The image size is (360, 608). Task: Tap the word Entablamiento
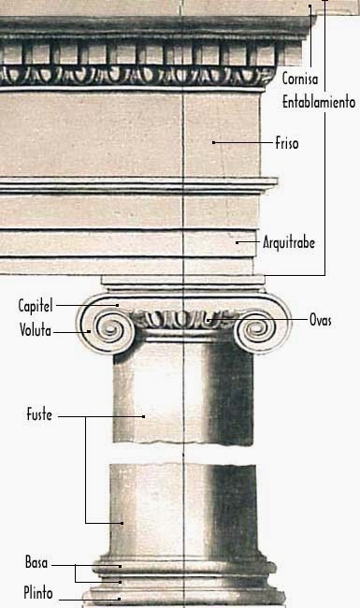(x=318, y=99)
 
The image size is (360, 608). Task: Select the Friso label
(x=287, y=144)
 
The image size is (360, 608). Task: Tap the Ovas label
(x=321, y=320)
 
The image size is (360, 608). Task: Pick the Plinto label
(x=38, y=592)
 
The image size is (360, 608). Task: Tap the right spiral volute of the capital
(x=254, y=329)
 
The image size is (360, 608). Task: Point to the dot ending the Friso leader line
(x=214, y=143)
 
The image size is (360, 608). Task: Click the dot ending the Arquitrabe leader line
(x=238, y=243)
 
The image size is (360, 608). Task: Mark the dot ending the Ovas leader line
(x=207, y=320)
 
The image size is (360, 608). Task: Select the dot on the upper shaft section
(x=143, y=415)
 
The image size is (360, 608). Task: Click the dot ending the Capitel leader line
(x=117, y=306)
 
